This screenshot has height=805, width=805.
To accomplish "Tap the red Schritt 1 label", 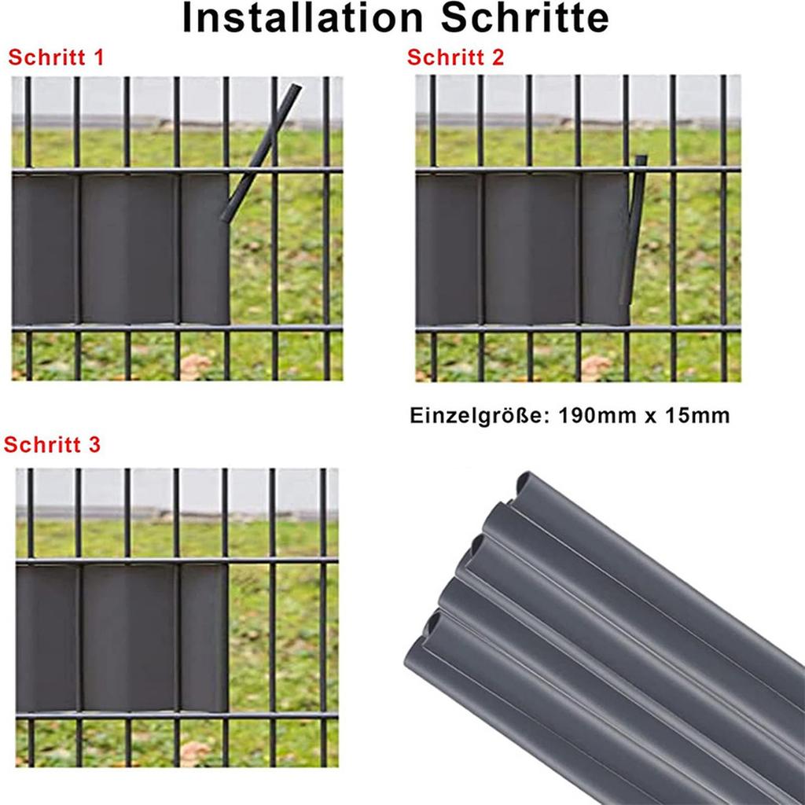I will click(x=56, y=57).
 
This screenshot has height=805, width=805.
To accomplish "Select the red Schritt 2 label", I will click(x=456, y=57).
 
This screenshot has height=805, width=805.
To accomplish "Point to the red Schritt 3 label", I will click(x=53, y=445).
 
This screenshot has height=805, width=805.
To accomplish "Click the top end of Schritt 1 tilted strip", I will click(x=295, y=88).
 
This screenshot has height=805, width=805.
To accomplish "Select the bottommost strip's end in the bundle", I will click(x=415, y=660).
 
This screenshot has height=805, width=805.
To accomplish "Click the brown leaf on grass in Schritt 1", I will click(x=194, y=365).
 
